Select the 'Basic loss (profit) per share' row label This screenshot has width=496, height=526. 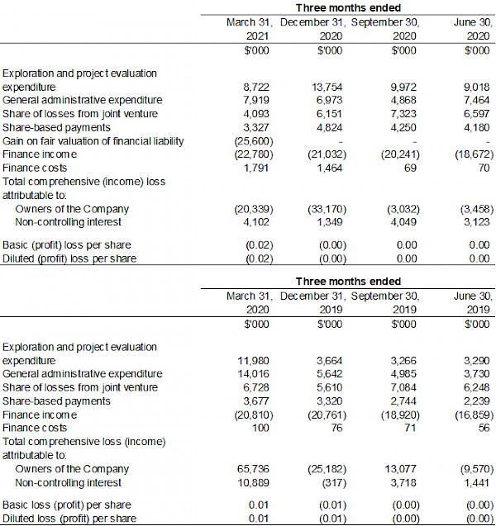tap(67, 504)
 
